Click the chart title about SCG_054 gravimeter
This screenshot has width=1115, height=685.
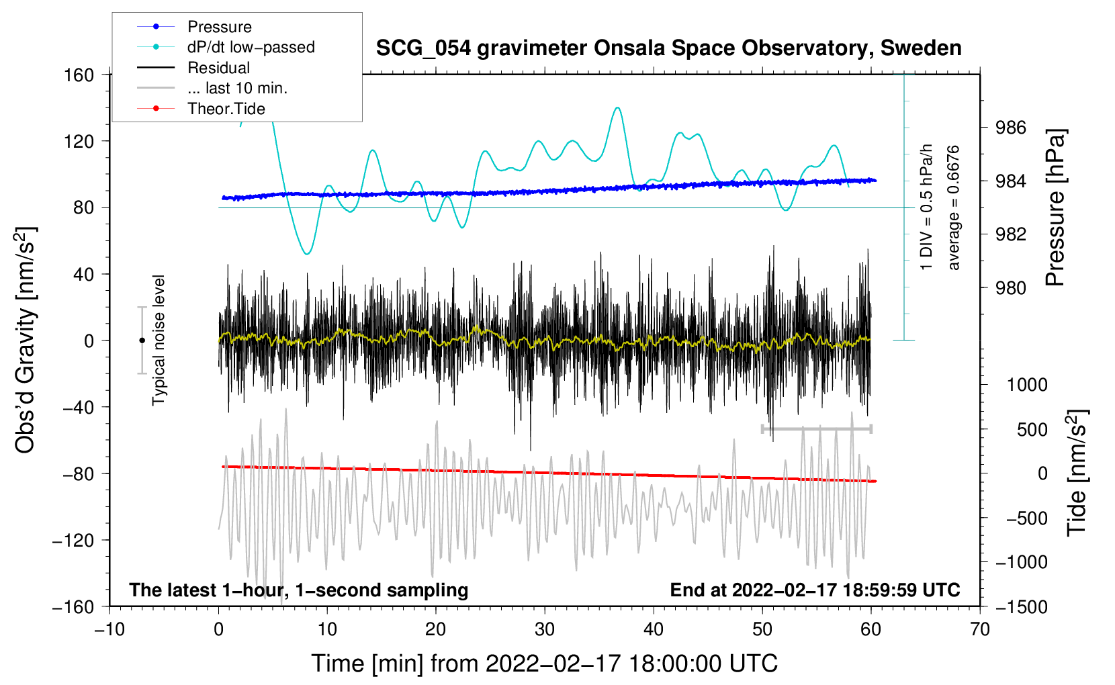coord(668,48)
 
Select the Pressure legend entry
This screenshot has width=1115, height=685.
coord(219,27)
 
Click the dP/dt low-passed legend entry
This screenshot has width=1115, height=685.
coord(251,47)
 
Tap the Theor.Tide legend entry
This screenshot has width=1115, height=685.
coord(226,109)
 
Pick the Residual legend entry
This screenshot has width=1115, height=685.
coord(218,68)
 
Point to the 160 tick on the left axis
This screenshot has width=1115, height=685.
coord(79,75)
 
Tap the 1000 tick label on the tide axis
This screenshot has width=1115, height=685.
coord(1027,385)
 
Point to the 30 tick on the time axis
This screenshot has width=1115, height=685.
coord(545,629)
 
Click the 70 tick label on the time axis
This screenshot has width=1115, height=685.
coord(980,629)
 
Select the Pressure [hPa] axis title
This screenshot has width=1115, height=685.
coord(1055,208)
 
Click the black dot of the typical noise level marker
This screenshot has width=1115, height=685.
coord(142,340)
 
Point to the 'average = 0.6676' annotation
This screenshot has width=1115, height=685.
coord(953,208)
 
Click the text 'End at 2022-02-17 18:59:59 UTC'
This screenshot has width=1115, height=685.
coord(815,590)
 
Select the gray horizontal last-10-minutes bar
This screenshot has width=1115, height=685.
coord(816,428)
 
